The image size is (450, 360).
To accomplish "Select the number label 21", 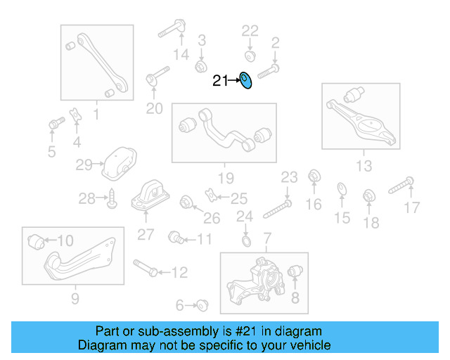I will (x=220, y=82).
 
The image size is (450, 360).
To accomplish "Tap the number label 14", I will (x=181, y=54).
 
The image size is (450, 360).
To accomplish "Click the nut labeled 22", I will (x=250, y=55).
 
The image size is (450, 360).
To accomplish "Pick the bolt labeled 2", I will (x=269, y=70).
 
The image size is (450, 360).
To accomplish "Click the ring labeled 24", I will (x=246, y=243).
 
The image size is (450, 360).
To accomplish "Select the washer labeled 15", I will (x=341, y=188).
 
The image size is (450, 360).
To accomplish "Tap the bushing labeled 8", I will (x=296, y=271).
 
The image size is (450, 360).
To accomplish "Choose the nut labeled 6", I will (x=202, y=305).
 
